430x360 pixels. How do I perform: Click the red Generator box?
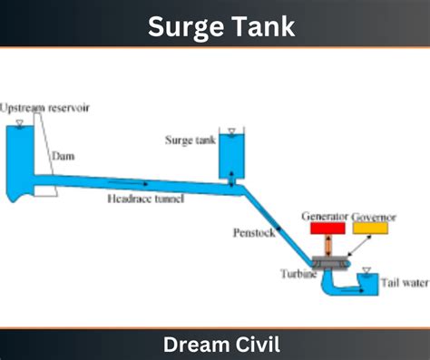327,229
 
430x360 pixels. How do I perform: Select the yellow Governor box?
370,229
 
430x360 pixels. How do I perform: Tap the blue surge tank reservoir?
231,156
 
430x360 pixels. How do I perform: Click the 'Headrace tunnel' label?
146,199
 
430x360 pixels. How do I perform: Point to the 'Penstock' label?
254,233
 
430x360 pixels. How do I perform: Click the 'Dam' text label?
64,156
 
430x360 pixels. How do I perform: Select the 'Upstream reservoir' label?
44,108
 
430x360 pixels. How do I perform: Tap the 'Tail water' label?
405,283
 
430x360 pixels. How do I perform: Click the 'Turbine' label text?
298,274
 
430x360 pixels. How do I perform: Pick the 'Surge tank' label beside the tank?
191,140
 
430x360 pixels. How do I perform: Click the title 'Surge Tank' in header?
221,26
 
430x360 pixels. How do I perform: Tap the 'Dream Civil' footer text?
221,345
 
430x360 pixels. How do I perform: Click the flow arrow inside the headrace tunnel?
128,183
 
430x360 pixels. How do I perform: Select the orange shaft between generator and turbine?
328,245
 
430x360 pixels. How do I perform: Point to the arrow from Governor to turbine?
360,246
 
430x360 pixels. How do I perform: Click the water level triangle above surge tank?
231,131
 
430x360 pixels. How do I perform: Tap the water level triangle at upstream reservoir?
20,123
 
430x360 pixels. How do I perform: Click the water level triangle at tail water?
366,270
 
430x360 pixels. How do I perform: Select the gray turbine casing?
330,264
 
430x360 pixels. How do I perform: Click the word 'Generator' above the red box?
325,217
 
